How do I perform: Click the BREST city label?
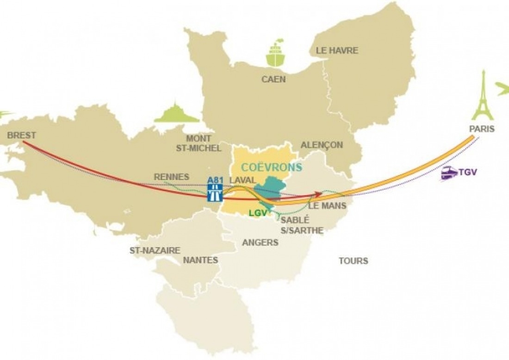pos(22,136)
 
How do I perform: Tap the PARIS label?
pos(482,129)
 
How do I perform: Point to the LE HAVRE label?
pos(337,50)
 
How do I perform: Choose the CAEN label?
pos(273,79)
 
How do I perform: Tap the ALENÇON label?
pos(322,145)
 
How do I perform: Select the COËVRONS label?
pos(272,167)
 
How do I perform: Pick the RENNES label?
pos(171,177)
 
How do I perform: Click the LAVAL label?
pos(243,179)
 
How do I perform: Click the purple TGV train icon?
pos(449,174)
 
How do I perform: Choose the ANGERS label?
pos(261,242)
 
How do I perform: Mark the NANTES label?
pos(200,260)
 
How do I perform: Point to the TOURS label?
pos(353,261)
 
